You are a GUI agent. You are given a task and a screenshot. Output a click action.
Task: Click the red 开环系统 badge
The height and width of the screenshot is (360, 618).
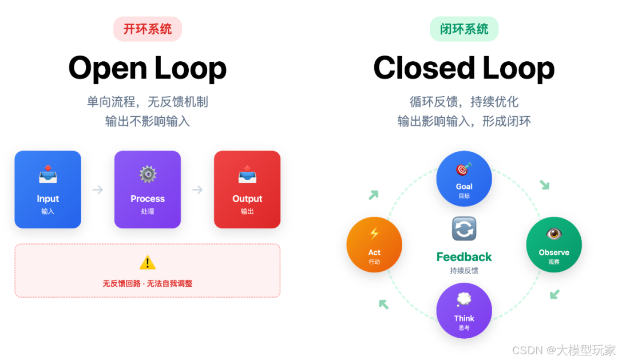148,29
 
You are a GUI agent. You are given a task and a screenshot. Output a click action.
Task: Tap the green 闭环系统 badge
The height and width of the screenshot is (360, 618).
464,29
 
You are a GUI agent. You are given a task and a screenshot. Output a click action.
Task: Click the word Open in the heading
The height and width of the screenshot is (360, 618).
106,69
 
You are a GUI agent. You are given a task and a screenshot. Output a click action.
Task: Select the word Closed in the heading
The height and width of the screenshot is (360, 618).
424,68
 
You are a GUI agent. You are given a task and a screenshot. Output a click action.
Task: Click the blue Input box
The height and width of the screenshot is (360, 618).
48,189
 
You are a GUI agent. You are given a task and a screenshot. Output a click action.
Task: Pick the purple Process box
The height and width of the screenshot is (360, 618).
148,189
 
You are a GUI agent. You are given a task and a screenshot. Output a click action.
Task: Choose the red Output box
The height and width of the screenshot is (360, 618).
247,189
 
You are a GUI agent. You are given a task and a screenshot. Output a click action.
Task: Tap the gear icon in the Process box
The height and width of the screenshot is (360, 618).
148,174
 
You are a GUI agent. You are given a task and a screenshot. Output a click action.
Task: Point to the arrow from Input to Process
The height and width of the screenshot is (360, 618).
98,189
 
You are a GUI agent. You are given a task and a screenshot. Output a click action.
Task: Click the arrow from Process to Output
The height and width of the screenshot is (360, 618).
197,189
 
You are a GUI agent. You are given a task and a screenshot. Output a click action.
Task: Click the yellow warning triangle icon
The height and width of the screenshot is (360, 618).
148,263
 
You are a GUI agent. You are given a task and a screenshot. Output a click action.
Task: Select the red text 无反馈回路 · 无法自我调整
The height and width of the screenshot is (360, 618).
148,283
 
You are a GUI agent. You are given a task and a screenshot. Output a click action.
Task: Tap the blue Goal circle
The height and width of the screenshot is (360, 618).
464,179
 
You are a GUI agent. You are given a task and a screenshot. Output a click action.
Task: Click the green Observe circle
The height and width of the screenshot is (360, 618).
554,244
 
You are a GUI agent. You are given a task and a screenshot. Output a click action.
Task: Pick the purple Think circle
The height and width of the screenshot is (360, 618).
464,310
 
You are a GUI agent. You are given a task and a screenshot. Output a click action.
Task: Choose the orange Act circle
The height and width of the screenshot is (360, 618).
374,244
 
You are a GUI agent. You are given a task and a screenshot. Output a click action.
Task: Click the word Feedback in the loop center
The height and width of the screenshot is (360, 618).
464,257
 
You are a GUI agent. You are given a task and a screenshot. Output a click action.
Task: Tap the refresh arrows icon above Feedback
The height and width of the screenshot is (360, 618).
464,229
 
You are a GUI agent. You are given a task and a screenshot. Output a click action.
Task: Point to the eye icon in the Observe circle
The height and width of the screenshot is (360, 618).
553,234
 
